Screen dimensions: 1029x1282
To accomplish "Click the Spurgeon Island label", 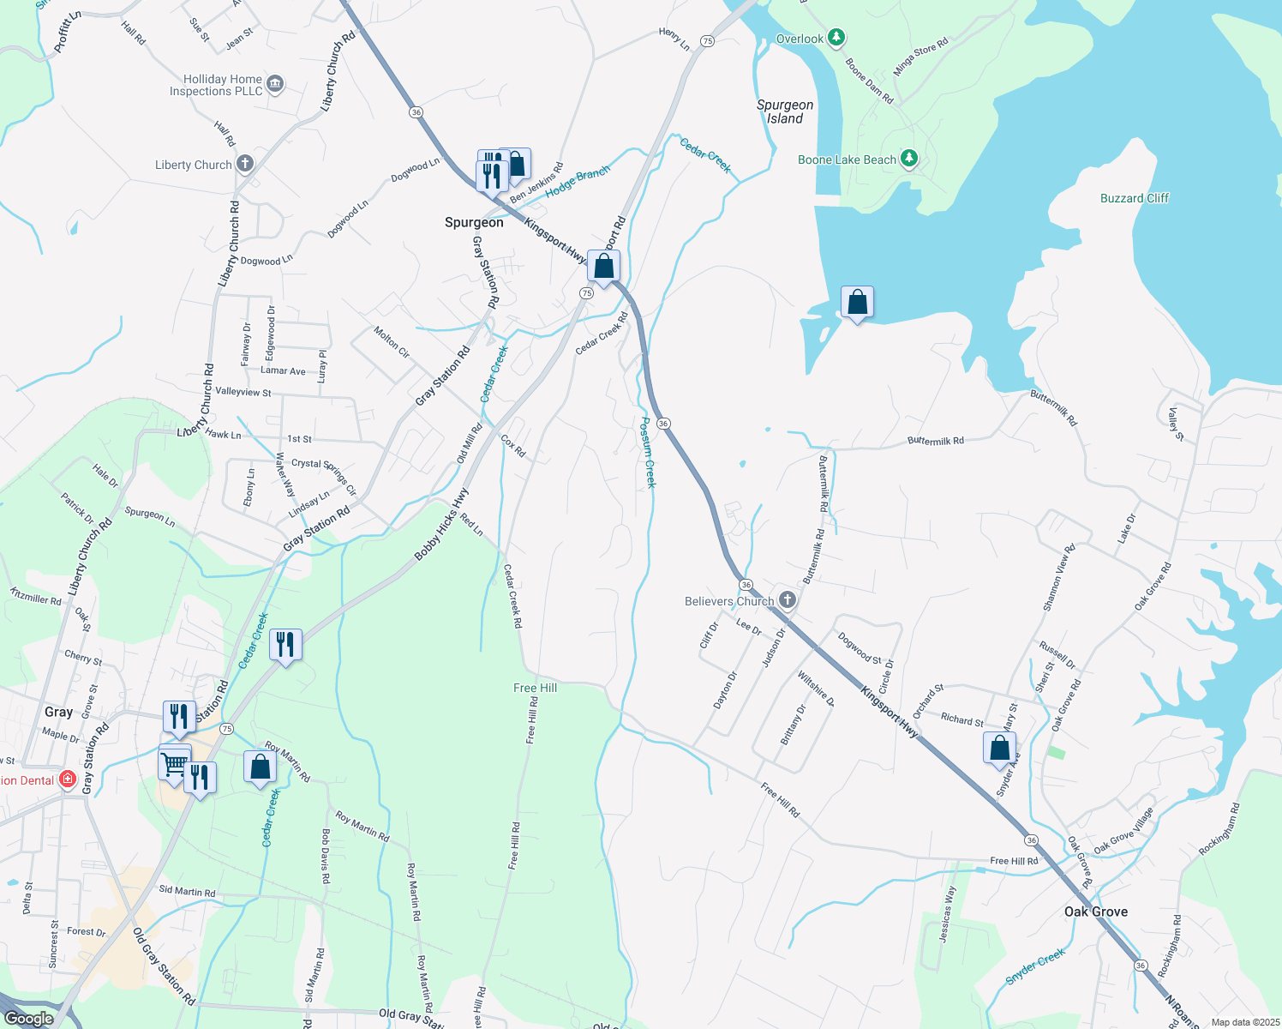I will coord(785,112).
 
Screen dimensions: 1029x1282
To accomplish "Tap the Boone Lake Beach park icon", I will coord(910,159).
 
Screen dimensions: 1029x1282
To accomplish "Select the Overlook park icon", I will coord(837,38).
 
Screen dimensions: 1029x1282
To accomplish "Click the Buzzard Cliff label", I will coord(1135,198).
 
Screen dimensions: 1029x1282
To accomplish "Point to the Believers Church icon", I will coord(788,600).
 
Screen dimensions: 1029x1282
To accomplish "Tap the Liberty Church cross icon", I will coord(245,164).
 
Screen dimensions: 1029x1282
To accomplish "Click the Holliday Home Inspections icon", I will coord(275,84).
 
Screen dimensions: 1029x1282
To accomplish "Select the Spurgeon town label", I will coord(474,222).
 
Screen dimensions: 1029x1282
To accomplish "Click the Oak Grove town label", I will coord(1096,912).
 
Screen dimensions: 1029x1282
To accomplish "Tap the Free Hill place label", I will coord(535,688).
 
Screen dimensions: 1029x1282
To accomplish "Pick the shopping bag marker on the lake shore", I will coord(857,303).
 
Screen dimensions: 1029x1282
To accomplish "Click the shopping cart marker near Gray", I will coord(174,762).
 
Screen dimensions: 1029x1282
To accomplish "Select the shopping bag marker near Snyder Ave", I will coord(999,748).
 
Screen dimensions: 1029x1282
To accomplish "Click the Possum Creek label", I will coord(649,452).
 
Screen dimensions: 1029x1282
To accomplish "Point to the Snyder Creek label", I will coord(1036,966).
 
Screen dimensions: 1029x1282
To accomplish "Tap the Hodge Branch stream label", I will coord(578,180).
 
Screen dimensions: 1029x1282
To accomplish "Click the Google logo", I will coord(28,1019).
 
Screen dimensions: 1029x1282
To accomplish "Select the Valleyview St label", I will coord(243,392).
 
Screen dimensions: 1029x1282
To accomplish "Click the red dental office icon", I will coord(67,780).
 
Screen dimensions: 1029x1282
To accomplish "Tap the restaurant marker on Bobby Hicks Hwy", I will coord(285,645).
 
